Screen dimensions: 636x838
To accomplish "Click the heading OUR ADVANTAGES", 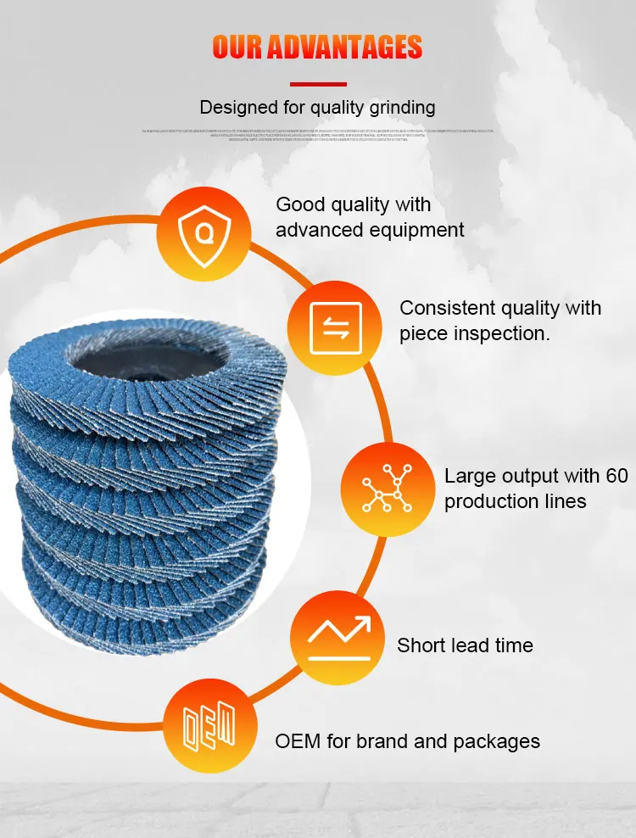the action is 317,47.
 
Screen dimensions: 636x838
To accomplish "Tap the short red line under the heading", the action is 318,84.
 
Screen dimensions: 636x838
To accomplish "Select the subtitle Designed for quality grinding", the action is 317,108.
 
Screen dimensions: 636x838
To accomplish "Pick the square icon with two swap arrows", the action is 335,327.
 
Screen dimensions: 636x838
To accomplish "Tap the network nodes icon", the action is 387,490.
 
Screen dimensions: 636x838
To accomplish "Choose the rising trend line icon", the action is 338,639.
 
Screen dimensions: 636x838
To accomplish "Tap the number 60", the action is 616,476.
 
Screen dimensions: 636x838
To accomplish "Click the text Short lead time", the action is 465,645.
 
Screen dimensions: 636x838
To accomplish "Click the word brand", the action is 381,741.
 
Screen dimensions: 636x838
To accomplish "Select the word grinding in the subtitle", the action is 399,109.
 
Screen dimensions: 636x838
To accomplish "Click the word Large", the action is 469,476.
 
